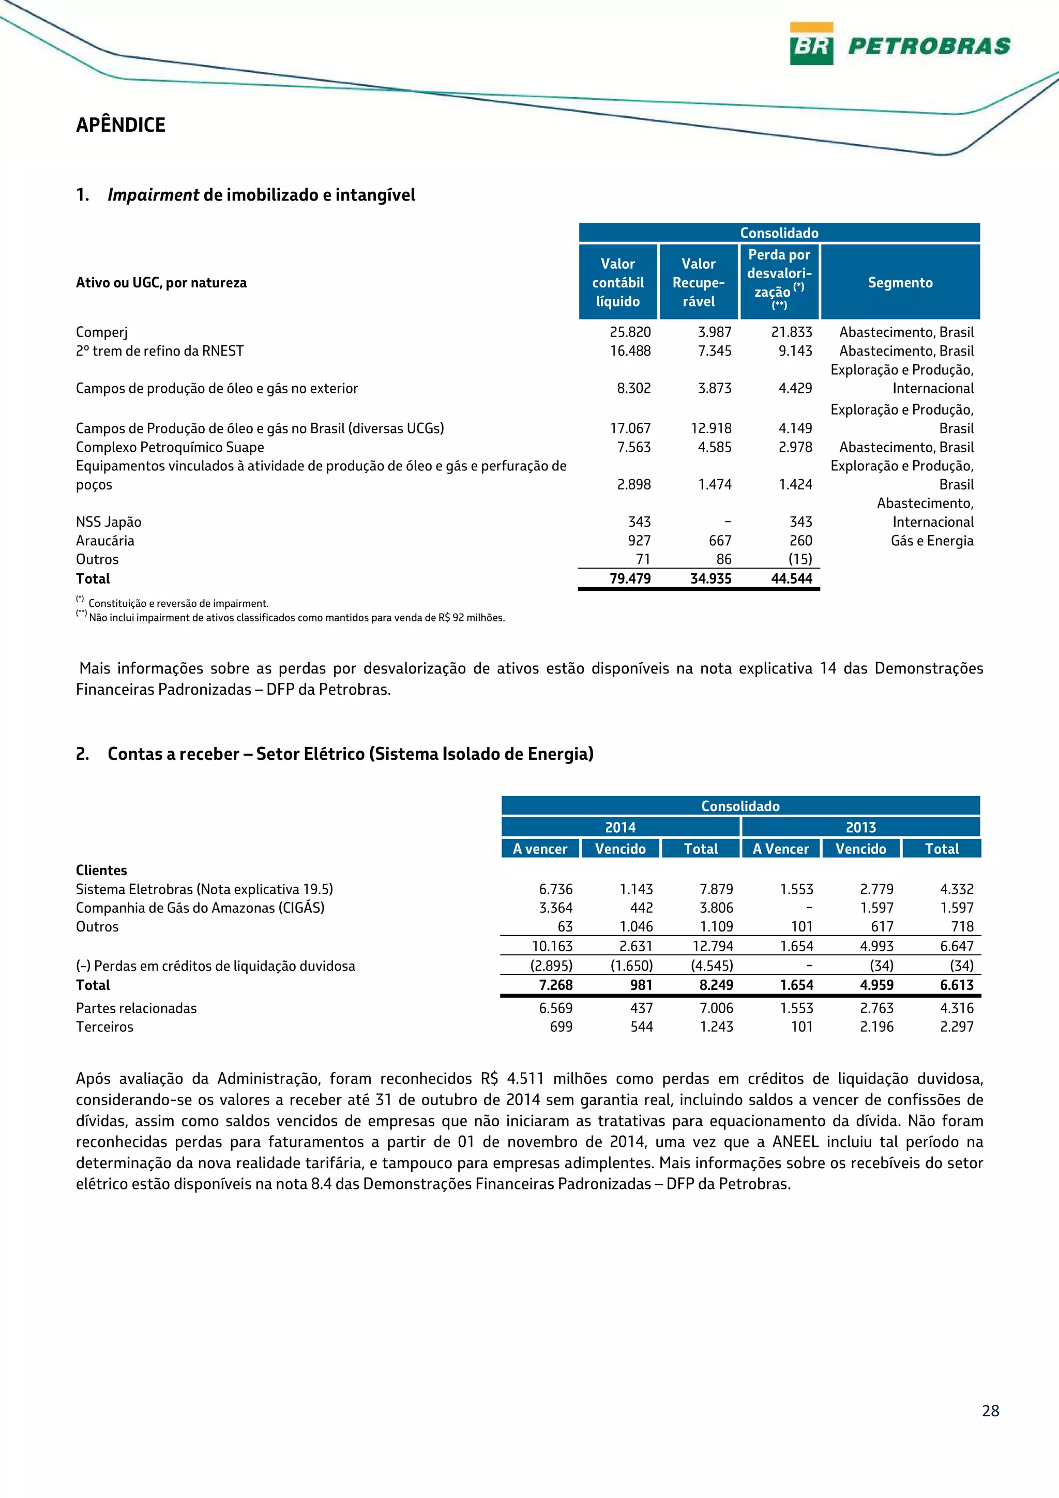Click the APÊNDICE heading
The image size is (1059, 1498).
point(120,125)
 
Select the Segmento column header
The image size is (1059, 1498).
point(900,283)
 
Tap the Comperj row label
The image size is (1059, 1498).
point(101,332)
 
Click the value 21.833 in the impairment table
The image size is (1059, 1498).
point(792,332)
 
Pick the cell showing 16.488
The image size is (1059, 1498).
point(630,351)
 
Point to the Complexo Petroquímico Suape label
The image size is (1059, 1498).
point(170,447)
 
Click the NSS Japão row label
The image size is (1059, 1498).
point(108,522)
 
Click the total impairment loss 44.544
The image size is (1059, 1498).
point(792,579)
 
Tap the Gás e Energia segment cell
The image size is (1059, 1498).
point(932,541)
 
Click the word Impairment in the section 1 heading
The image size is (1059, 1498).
point(154,195)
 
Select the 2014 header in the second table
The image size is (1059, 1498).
point(620,827)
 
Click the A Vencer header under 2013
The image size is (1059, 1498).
point(780,849)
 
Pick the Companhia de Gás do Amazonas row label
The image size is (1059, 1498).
point(200,908)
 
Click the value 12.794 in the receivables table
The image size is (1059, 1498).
point(713,946)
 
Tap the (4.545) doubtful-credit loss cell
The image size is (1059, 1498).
point(712,966)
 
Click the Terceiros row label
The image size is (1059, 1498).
point(104,1027)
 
